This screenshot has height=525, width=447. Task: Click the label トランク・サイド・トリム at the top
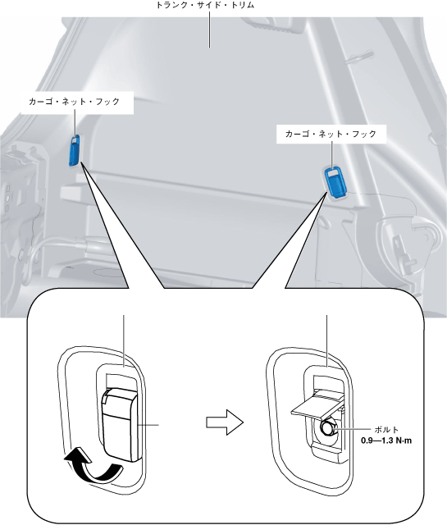pos(206,6)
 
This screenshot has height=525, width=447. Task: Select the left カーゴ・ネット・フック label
pos(74,102)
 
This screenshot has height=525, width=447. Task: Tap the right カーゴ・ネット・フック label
pos(331,135)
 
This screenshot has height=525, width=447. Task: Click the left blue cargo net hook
pos(75,150)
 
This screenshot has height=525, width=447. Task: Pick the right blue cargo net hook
pos(335,182)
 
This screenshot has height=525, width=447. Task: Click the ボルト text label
pos(386,430)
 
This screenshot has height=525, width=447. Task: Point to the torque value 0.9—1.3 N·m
pos(386,441)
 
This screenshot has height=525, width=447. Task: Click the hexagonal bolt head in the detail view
pos(327,428)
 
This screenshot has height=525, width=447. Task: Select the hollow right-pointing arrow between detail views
pos(225,422)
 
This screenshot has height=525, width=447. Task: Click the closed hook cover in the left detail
pos(120,425)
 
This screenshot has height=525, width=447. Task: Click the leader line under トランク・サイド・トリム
pos(210,30)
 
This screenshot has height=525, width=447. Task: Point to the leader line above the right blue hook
pos(332,154)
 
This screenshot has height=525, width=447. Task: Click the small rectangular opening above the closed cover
pos(121,381)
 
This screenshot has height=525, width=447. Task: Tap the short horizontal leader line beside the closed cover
pos(148,425)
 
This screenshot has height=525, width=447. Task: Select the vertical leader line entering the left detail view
pos(124,341)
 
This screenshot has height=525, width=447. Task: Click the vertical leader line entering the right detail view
pos(326,341)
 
